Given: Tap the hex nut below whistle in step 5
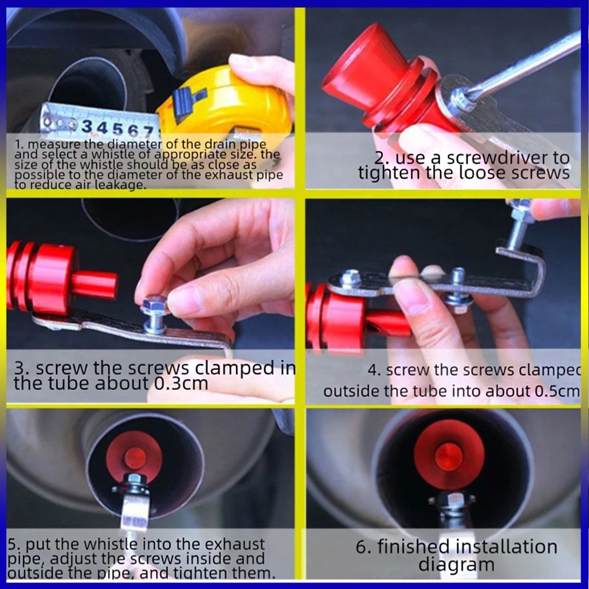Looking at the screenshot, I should (x=134, y=484).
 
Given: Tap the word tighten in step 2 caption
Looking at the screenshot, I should (x=392, y=173).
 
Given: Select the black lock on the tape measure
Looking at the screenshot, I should (x=190, y=97).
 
